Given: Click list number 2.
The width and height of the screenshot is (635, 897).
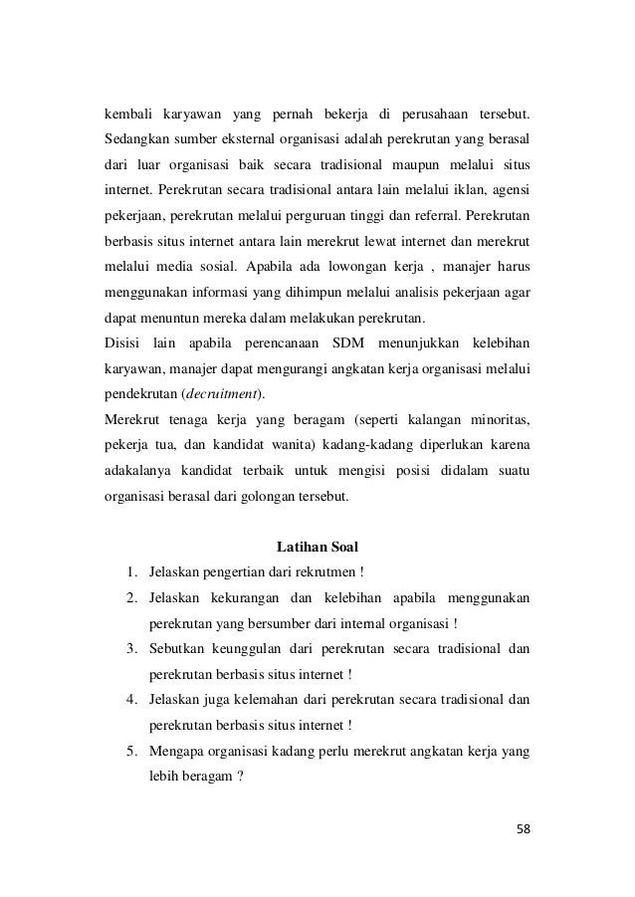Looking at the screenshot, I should [131, 599].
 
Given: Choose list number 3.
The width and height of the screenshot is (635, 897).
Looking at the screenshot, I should [131, 650].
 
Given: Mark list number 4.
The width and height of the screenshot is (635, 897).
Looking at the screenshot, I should [131, 702].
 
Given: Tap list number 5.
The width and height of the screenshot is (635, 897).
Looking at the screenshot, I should [131, 754].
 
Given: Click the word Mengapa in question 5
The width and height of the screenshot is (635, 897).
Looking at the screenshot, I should [177, 754].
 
